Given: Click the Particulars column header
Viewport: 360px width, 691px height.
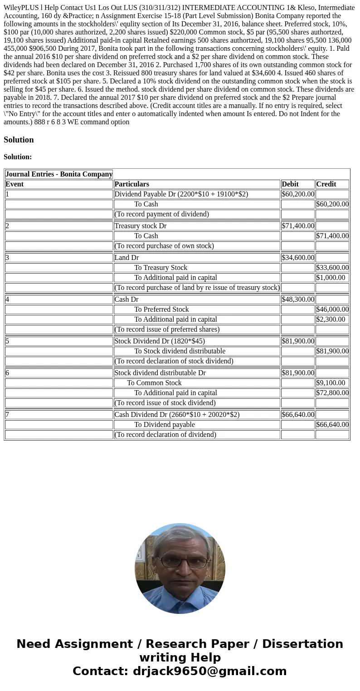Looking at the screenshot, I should coord(131,184).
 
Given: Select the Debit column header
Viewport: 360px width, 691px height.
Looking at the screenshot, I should coord(290,184).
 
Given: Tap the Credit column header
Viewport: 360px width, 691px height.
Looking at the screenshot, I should coord(326,184).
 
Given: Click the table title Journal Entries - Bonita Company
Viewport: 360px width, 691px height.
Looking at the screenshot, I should coord(59,174).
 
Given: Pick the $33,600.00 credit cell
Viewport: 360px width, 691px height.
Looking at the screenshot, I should coord(332,268).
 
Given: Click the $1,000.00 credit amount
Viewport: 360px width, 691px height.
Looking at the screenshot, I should coord(331,278).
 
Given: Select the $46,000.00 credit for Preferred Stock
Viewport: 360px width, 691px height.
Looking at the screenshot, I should coord(332,309).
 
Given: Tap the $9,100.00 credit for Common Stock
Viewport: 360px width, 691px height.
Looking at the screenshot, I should coord(331,383).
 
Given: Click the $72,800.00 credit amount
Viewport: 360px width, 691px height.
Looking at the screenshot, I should coord(332,393).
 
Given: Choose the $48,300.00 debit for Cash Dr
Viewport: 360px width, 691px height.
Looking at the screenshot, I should coord(298,299).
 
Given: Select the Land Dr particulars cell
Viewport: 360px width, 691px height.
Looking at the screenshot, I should coord(127,258).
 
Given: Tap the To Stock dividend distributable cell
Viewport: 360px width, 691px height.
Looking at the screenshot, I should coord(180,351).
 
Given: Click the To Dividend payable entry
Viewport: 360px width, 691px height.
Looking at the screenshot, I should coord(164,425).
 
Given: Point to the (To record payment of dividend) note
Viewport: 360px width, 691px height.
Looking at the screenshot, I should coord(162,214).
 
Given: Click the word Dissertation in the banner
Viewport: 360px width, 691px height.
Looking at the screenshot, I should coord(302,644).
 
